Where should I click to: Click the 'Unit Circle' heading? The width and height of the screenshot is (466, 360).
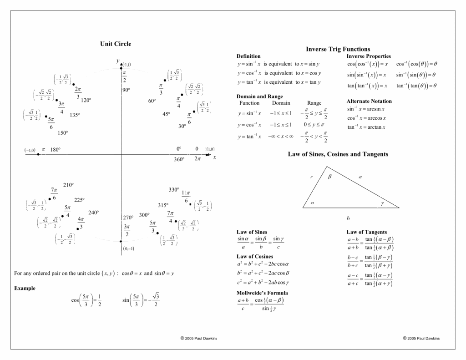(116, 44)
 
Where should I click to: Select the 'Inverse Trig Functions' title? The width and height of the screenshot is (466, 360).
(338, 49)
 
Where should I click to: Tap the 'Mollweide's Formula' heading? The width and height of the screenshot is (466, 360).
(262, 293)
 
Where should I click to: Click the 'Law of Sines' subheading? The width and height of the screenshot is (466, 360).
(252, 232)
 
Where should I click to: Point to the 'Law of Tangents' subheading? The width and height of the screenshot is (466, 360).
(366, 232)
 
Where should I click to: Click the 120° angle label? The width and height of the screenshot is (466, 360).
(86, 101)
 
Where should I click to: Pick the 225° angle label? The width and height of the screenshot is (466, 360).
(79, 200)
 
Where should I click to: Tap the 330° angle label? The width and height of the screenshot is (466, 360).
(174, 190)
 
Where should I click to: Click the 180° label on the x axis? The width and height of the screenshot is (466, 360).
(55, 149)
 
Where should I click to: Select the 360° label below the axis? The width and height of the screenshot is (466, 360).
(179, 160)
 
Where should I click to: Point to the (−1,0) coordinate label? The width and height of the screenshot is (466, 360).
(30, 150)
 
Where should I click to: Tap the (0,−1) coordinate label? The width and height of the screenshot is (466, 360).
(128, 248)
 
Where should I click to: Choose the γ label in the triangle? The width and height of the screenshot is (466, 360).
(382, 203)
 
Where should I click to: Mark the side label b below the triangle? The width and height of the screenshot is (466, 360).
(348, 218)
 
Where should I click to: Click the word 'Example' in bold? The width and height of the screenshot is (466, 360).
(25, 288)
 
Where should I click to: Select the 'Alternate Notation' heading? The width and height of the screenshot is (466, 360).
(369, 101)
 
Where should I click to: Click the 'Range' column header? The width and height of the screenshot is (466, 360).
(314, 103)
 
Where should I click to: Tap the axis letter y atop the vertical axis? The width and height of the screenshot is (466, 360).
(117, 61)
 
